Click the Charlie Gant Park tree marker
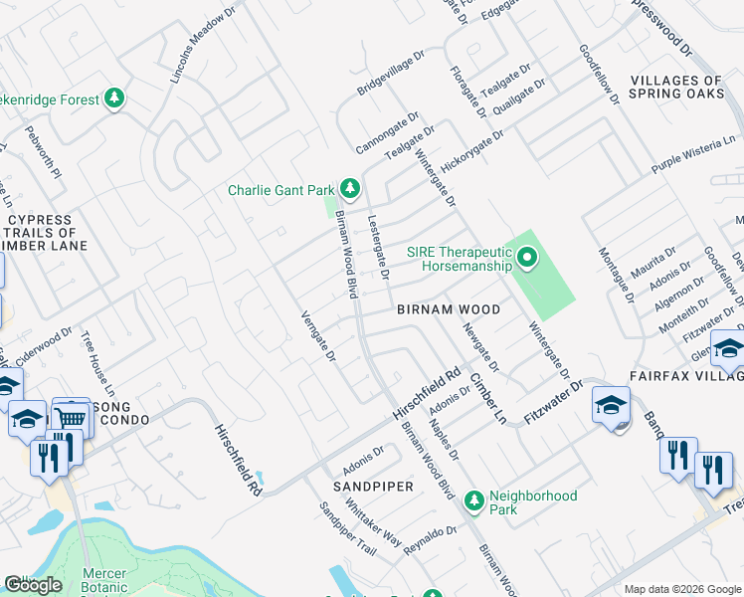349,188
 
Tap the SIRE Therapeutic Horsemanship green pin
527,260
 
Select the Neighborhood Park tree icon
475,497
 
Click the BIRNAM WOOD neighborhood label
448,309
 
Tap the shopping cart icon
71,419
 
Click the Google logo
33,585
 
